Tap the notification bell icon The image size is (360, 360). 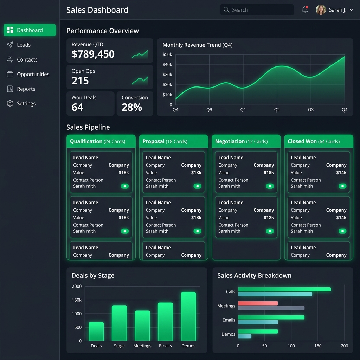(x=305, y=9)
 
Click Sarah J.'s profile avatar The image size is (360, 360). (x=321, y=9)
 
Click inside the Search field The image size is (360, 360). (x=257, y=9)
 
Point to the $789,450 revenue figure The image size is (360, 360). (x=93, y=54)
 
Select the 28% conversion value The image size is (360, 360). (x=132, y=107)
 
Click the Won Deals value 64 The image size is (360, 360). (x=77, y=107)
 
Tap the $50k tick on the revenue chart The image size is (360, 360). (x=167, y=54)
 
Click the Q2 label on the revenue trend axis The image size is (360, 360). (x=277, y=110)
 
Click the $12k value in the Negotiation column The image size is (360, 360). (x=269, y=217)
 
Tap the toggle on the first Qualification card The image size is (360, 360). (x=125, y=186)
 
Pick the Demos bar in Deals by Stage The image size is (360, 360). (x=188, y=316)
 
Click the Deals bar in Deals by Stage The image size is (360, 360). (x=96, y=331)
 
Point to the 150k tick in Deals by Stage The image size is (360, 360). (x=77, y=300)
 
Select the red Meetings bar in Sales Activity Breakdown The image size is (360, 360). (x=258, y=303)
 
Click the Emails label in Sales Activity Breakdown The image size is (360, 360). (x=229, y=320)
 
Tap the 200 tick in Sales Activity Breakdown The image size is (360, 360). (x=345, y=346)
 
